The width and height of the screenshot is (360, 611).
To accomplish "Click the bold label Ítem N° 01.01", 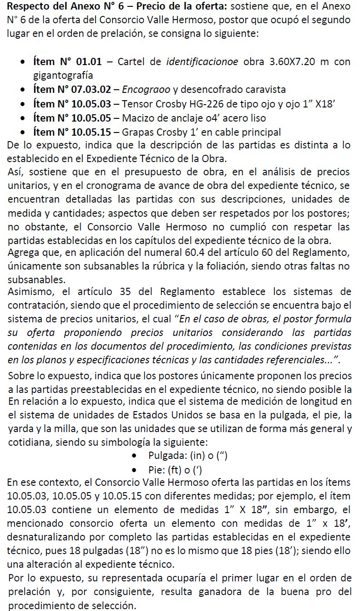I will pos(67,62).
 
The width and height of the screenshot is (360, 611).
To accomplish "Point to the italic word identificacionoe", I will pos(202,62).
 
